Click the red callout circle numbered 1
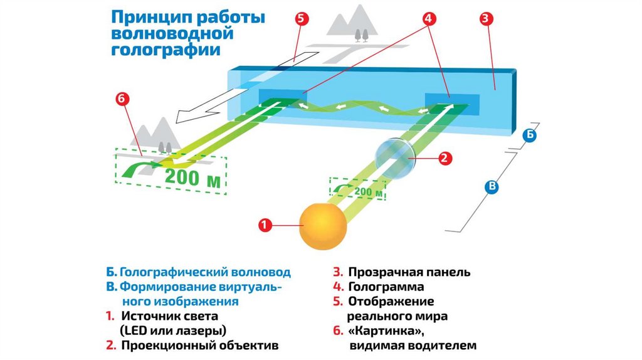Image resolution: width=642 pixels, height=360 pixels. click(x=265, y=225)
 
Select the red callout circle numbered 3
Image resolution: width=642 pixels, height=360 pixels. click(x=485, y=19)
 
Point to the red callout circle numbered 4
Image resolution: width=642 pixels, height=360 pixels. click(x=429, y=19)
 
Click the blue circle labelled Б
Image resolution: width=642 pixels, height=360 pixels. click(x=530, y=135)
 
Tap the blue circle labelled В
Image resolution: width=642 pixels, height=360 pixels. click(x=493, y=186)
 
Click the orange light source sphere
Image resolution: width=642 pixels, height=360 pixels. click(x=323, y=226)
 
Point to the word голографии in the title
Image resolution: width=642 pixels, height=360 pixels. click(x=166, y=50)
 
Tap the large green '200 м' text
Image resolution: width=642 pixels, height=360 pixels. click(x=192, y=177)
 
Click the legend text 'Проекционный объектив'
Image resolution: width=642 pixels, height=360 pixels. click(x=199, y=345)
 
